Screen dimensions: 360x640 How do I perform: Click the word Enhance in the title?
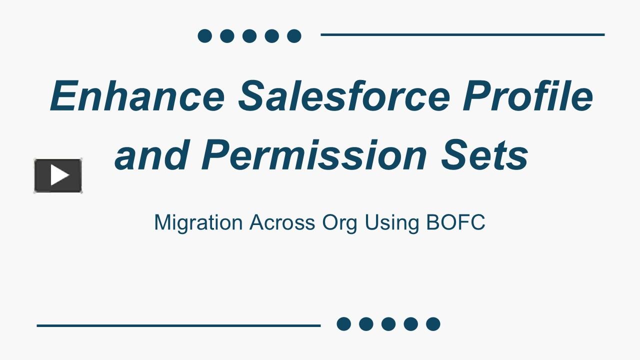(137, 95)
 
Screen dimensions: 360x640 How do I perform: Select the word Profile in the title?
(527, 95)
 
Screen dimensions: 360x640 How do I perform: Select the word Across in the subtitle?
(282, 222)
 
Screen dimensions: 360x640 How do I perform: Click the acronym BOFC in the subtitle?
(455, 222)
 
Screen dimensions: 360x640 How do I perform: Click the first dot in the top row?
(204, 36)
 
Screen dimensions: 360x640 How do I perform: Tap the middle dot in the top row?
(249, 36)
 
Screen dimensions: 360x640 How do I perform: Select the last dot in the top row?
(294, 36)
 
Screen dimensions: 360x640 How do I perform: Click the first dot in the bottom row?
(343, 324)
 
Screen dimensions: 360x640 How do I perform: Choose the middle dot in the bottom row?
(388, 324)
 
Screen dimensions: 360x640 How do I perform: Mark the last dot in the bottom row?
(433, 324)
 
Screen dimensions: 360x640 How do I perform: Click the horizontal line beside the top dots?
(462, 35)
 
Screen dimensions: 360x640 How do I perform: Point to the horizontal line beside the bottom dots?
(178, 325)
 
